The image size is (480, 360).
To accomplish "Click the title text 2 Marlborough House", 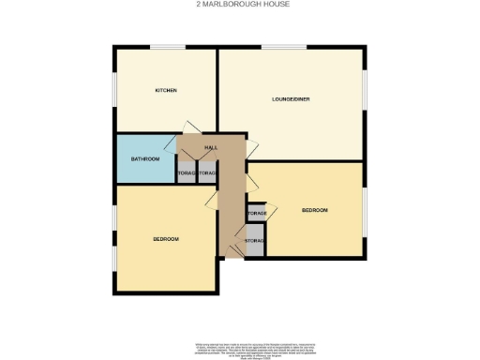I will (240, 5).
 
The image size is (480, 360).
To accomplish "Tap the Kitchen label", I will (166, 90).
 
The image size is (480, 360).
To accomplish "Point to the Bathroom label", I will (144, 159).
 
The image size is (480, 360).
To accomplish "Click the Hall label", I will (211, 148).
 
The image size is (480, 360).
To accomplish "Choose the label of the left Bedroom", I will (166, 239).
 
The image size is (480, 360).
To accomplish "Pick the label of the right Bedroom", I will (314, 210).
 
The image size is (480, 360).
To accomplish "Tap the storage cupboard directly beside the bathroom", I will (186, 173).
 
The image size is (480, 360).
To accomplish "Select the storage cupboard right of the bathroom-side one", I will (207, 173).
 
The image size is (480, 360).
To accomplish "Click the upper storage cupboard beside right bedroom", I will (256, 214).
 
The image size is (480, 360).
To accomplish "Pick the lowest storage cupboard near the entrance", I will (254, 242).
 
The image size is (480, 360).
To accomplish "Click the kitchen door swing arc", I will (191, 127).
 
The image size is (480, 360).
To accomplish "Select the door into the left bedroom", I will (214, 200).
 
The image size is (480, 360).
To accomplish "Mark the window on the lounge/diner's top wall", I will (285, 47).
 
